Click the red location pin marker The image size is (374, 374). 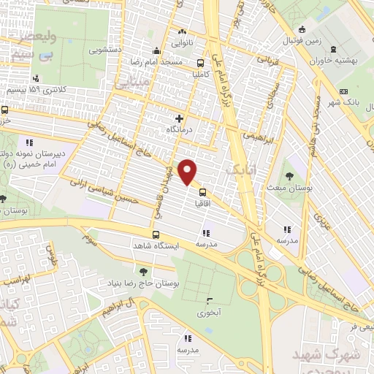pos(188,173)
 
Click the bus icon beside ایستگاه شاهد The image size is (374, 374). pos(156,235)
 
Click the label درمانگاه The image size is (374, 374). pos(180,129)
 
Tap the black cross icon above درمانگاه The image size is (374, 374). pos(180,118)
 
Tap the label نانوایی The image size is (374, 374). pos(183,44)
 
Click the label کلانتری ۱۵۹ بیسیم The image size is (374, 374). pos(37,89)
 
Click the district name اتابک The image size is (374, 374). pos(239,169)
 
